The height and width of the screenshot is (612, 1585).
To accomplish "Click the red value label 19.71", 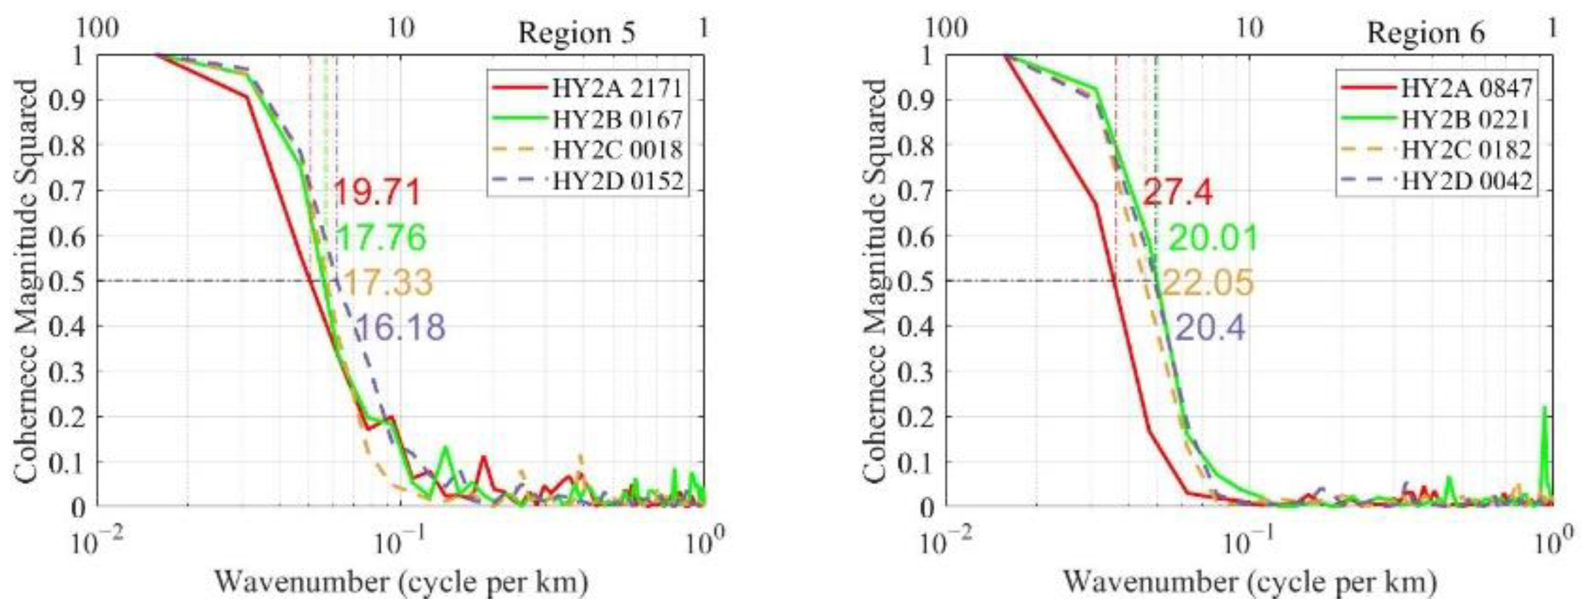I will point(378,192).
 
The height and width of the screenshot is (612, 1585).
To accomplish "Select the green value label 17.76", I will point(381,237).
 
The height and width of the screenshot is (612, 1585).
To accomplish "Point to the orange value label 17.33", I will point(387,283).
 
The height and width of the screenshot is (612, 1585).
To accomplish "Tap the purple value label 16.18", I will point(401,327).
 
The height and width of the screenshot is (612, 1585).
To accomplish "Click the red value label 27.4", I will point(1177,192).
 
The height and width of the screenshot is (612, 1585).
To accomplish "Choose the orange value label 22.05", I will point(1207,283).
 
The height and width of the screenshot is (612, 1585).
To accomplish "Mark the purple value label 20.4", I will point(1210,327).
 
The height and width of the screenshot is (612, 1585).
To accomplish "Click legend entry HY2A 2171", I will point(616,89).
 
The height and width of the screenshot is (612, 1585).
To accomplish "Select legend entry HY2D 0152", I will point(616,181).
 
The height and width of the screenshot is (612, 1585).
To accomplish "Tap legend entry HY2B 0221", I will point(1465,120).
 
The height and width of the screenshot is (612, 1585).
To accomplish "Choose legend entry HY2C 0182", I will point(1465,150).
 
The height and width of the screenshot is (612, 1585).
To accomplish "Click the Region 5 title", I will point(577,33).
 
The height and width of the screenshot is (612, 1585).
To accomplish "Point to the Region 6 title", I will point(1426,33).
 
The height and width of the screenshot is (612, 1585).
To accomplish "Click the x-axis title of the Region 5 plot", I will point(401,582).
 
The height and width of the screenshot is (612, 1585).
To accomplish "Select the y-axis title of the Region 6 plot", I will point(875,280).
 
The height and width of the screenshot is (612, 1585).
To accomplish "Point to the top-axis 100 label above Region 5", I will point(97,28).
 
